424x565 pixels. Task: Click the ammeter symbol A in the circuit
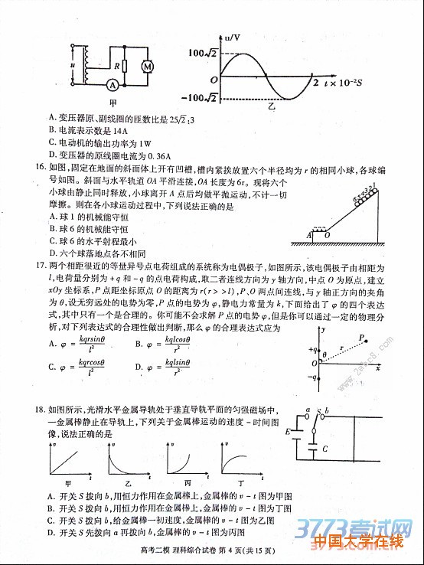point(112,84)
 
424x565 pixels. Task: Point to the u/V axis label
point(233,36)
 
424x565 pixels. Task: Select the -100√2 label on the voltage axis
point(201,98)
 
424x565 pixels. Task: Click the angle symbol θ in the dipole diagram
point(325,354)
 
